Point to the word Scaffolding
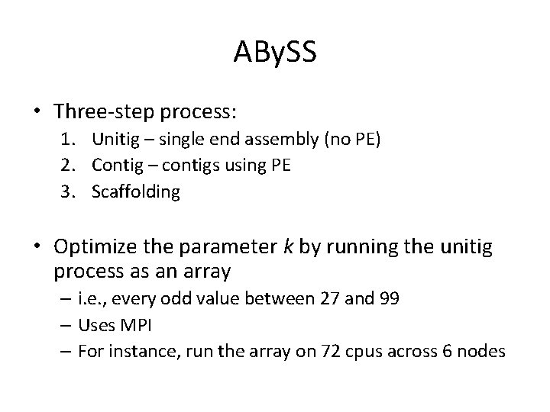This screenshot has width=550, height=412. point(136,192)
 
